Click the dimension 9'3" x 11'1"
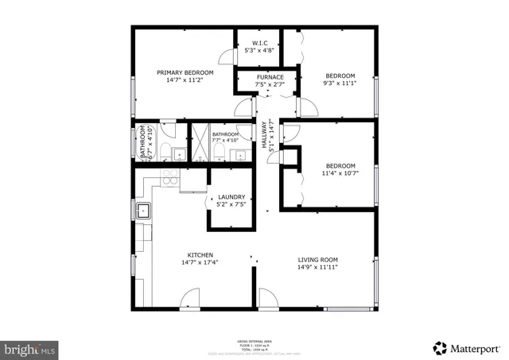point(338,83)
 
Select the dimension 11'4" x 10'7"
point(338,172)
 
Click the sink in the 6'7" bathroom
point(180,154)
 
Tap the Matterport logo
point(468,347)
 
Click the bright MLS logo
point(30,348)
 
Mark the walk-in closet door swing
point(227,57)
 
